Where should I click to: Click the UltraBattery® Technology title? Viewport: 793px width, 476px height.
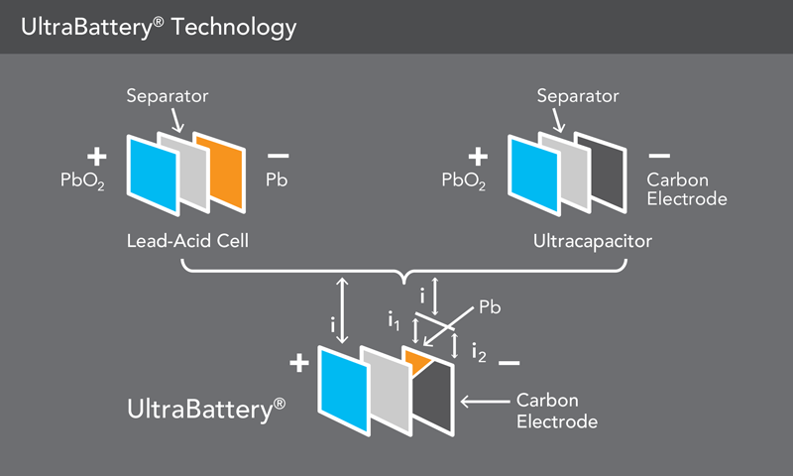(159, 28)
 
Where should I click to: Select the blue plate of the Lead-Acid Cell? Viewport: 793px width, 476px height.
(154, 176)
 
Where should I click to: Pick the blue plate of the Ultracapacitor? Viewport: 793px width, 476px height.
(534, 176)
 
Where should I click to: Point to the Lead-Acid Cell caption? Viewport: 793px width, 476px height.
(187, 241)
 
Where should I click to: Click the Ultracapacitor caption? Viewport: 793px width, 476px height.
(593, 241)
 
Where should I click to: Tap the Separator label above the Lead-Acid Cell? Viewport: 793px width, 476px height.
(168, 96)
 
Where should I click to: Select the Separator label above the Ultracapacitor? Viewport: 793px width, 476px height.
(578, 96)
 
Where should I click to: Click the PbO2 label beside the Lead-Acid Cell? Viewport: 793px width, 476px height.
(82, 180)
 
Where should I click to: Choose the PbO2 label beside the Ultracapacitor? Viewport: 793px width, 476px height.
(464, 180)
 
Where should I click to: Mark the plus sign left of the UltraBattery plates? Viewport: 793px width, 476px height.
(299, 363)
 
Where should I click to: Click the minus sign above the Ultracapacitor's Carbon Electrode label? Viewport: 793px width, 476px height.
(659, 156)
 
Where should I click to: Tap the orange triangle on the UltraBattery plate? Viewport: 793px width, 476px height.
(417, 361)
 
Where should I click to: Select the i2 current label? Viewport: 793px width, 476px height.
(479, 353)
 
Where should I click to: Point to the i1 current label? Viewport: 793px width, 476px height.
(394, 319)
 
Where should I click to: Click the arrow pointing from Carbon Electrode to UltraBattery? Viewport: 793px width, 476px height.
(486, 402)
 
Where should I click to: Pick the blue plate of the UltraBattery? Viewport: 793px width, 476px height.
(344, 390)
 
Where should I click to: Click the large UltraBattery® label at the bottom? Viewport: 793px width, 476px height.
(206, 410)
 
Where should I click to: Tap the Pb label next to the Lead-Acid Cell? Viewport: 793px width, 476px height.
(277, 179)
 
